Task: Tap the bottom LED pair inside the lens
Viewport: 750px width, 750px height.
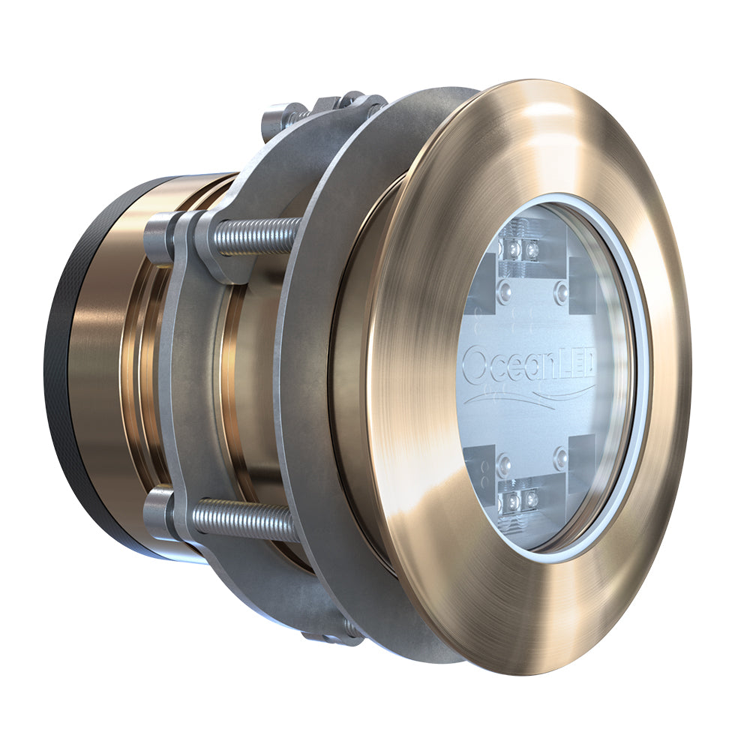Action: (x=522, y=499)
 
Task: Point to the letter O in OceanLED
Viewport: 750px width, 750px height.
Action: (x=475, y=365)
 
